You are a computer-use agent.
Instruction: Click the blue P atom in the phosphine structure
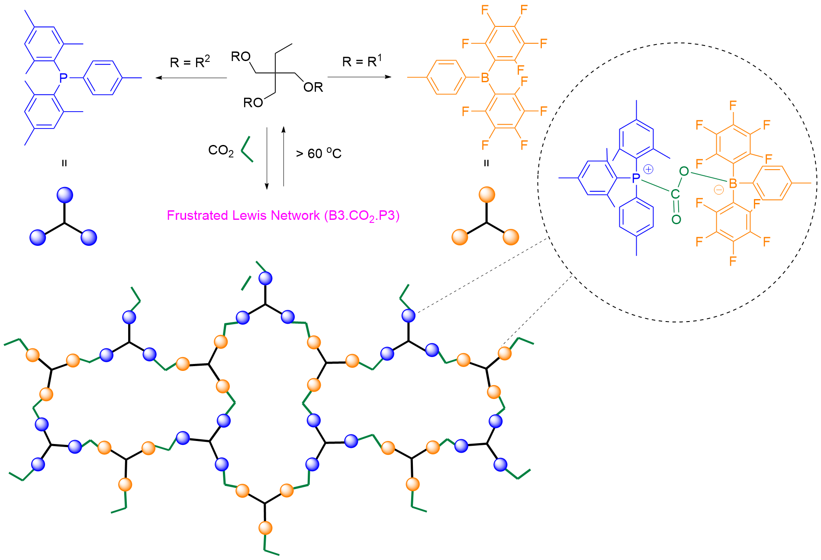pos(64,78)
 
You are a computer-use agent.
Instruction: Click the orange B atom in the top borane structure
pos(485,78)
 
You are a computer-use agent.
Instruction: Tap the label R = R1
pos(362,61)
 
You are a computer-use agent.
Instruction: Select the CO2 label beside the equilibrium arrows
pos(221,151)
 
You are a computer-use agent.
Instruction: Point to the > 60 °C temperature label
pos(319,153)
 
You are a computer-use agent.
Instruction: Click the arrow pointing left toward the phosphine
pos(191,78)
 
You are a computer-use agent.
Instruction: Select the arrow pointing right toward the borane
pos(359,77)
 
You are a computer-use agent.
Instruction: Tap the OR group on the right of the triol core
pos(313,87)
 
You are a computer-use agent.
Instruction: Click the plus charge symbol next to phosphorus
pos(648,169)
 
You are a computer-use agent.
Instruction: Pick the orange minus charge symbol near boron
pos(718,190)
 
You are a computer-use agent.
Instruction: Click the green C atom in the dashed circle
pos(675,194)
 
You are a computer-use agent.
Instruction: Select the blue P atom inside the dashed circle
pos(636,178)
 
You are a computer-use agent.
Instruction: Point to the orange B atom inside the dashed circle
pos(733,183)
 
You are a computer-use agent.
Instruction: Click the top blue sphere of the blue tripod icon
pos(65,195)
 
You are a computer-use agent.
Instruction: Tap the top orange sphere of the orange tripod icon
pos(487,195)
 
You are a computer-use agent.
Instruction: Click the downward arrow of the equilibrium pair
pos(267,158)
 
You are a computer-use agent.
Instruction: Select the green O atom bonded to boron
pos(684,171)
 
